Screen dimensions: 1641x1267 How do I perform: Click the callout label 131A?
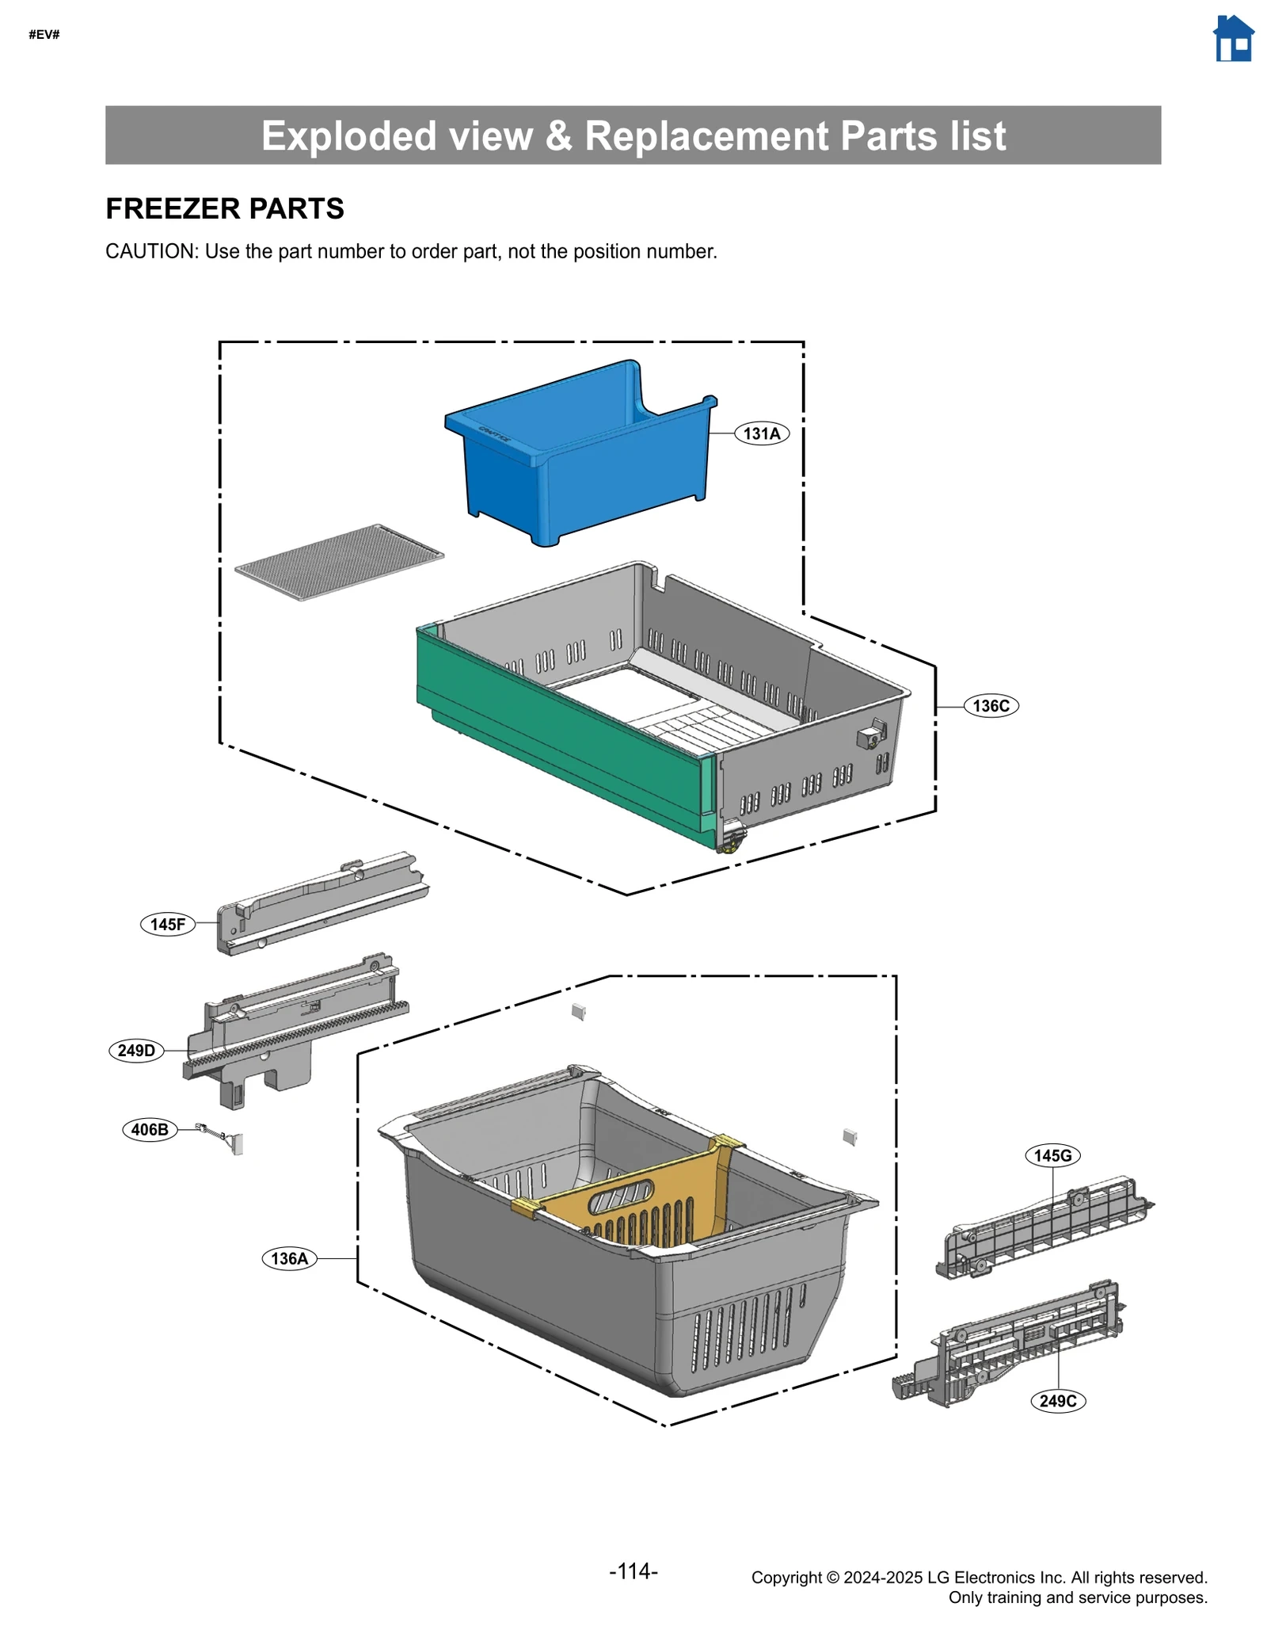pos(761,433)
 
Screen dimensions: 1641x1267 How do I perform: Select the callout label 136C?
pos(991,705)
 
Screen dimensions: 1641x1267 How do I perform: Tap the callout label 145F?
pos(168,924)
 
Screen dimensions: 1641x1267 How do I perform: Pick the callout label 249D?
pos(136,1051)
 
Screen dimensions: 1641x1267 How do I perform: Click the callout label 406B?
pos(150,1129)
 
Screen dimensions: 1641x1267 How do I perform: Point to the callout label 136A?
pos(289,1258)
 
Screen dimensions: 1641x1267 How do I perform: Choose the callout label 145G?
pos(1052,1155)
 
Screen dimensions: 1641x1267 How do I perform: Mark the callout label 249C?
pos(1058,1401)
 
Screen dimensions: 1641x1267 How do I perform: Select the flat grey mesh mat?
pos(339,562)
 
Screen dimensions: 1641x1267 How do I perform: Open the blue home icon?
pos(1233,39)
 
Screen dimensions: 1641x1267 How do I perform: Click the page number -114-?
pos(633,1571)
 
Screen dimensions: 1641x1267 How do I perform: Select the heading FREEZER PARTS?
pos(225,208)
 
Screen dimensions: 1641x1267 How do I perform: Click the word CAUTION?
pos(150,251)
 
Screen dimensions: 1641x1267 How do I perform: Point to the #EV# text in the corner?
pos(44,34)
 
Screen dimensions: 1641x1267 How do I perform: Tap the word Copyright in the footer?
pos(787,1577)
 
